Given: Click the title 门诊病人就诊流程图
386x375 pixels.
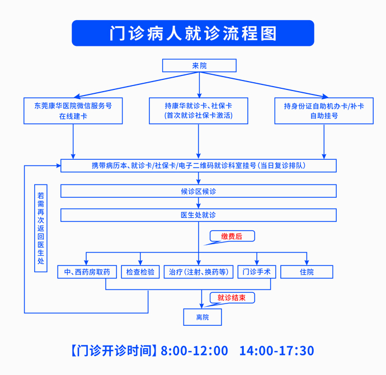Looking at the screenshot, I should tap(193, 34).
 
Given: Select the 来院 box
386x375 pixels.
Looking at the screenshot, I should tap(199, 65).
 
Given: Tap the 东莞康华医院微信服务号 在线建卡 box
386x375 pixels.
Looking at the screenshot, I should tap(73, 111).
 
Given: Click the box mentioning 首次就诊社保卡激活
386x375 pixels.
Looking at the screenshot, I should tap(199, 111).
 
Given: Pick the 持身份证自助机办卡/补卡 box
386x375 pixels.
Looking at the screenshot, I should tap(324, 111).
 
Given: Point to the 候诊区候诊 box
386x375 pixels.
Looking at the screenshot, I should tap(199, 191).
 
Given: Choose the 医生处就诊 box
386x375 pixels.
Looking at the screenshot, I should tap(199, 215).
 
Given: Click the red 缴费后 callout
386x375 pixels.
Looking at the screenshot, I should tap(232, 236).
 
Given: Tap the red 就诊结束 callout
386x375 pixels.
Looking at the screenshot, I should tap(232, 298).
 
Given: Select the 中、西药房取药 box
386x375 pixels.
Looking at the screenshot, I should tap(87, 272).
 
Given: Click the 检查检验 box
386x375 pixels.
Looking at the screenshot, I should tap(140, 272).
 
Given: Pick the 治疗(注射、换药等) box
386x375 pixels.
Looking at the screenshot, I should tap(199, 272).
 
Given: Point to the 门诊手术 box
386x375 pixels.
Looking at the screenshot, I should tap(257, 272).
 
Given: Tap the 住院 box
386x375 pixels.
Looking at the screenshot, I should tap(307, 272).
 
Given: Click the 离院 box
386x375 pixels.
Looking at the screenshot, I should tap(203, 317).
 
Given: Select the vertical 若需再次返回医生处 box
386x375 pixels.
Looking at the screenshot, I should tap(40, 228).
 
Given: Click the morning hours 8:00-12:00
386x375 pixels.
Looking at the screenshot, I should tap(194, 351).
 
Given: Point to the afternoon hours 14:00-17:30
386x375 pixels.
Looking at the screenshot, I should tap(276, 351).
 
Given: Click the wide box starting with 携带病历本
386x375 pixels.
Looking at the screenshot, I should tap(199, 166).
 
